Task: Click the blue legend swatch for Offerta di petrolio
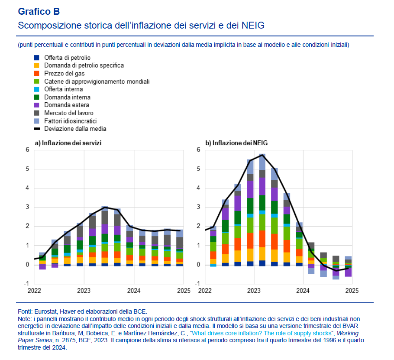(x=37, y=57)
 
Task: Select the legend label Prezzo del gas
(x=65, y=73)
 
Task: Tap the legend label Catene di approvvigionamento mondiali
(x=97, y=81)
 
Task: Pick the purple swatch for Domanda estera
(x=37, y=105)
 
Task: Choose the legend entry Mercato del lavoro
(x=69, y=113)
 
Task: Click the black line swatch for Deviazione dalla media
(x=37, y=129)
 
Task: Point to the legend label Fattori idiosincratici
(x=71, y=121)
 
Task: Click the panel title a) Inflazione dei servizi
(x=68, y=143)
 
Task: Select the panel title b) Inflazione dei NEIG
(x=236, y=143)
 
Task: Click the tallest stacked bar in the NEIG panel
(x=262, y=208)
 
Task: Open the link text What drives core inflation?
(x=235, y=333)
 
